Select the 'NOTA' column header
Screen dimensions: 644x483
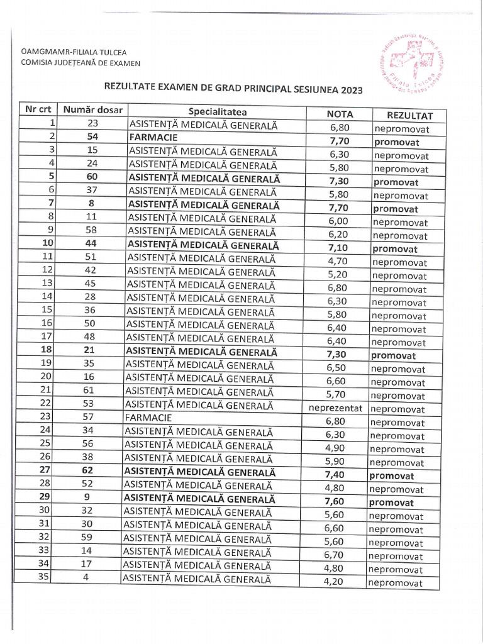340,114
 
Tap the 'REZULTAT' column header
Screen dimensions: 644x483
409,116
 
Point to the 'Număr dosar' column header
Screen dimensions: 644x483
93,109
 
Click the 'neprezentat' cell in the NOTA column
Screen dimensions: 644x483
336,408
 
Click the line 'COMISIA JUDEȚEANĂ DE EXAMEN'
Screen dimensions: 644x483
80,62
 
